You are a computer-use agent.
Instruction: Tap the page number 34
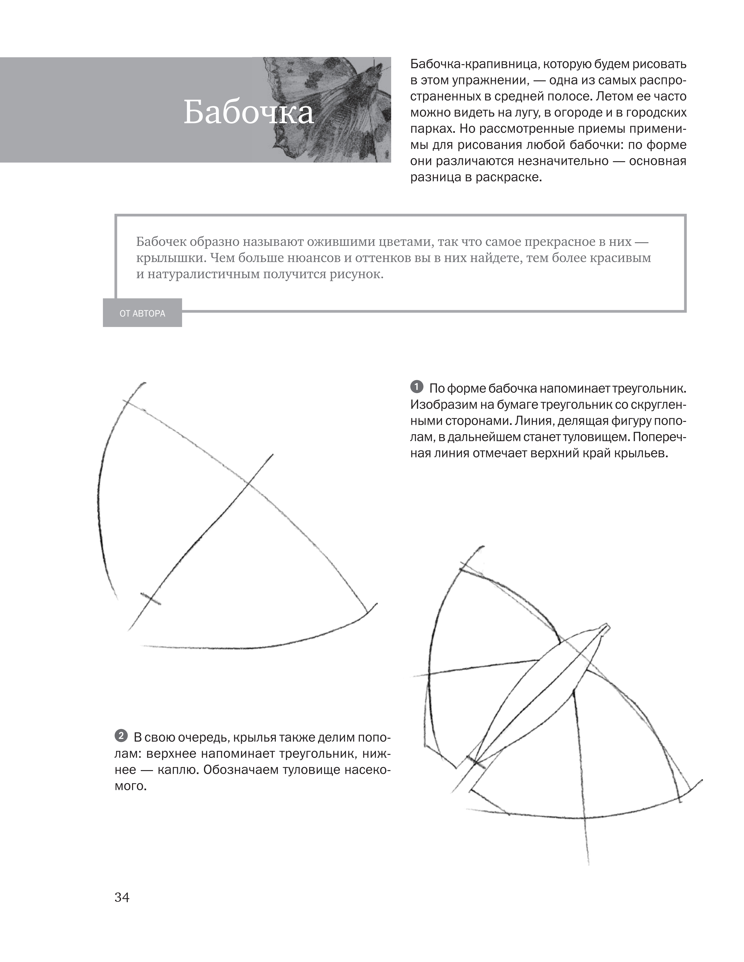(x=122, y=897)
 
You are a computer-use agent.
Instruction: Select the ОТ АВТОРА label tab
(x=142, y=314)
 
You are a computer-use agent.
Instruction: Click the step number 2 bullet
(x=121, y=736)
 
